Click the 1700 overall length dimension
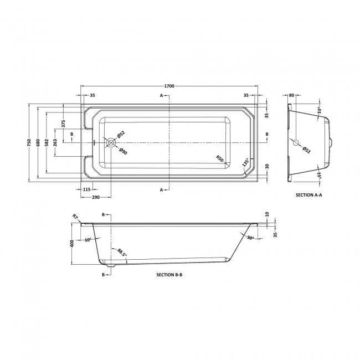click(x=169, y=86)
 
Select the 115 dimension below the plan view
click(x=86, y=189)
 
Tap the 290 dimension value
click(x=95, y=198)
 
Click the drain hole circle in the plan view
click(x=111, y=142)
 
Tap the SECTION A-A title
click(x=309, y=196)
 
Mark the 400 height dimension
click(x=71, y=244)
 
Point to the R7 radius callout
click(x=76, y=217)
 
